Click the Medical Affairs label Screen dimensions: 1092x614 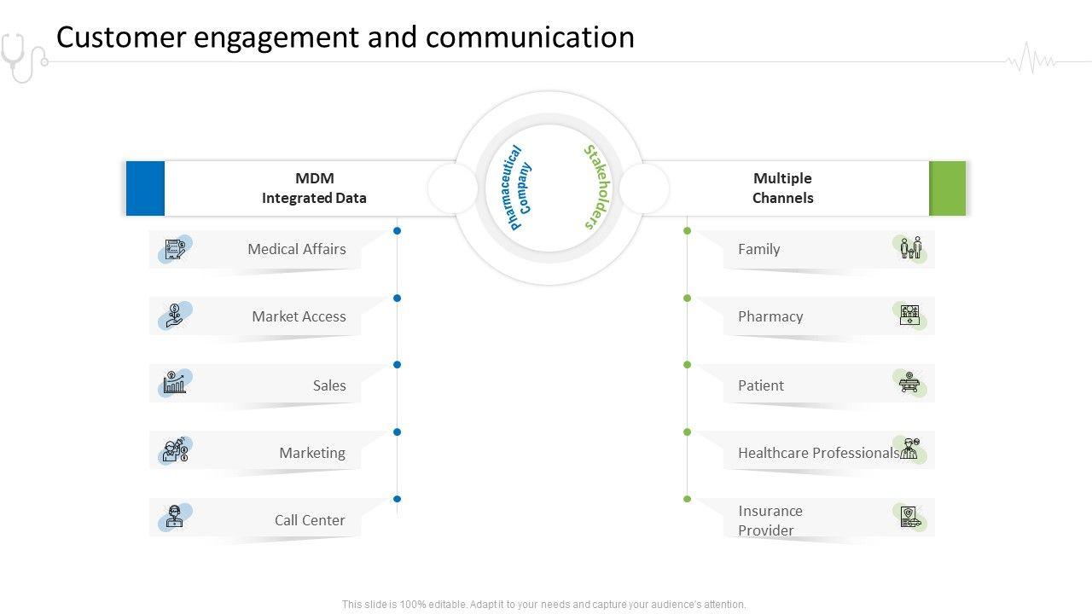296,249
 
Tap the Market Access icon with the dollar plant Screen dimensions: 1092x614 175,316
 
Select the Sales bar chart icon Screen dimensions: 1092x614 175,383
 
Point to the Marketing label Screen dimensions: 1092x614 312,453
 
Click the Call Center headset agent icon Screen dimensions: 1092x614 174,517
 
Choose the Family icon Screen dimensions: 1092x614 910,248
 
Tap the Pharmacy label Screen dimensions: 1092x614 770,316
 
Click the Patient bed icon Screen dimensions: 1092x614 909,383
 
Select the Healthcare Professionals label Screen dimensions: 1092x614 818,453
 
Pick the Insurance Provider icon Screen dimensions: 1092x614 910,517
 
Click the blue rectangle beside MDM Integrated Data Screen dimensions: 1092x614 145,188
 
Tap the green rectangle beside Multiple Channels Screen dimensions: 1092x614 947,188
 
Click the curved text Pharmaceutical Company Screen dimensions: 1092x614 519,188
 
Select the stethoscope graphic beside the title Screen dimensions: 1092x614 23,57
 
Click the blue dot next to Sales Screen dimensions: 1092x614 398,364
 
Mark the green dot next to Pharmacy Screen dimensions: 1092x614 688,298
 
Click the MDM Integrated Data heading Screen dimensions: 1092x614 315,188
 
